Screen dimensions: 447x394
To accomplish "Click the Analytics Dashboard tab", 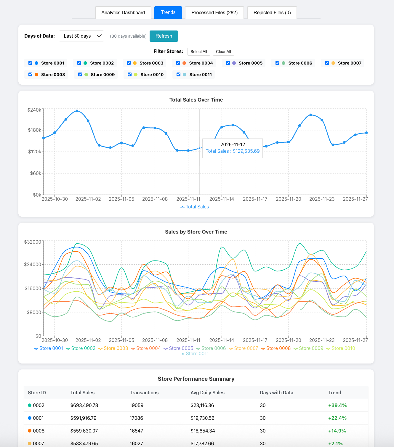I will click(x=123, y=12).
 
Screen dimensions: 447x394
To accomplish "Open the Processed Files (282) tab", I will click(x=214, y=12).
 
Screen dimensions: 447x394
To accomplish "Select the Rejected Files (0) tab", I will click(x=272, y=12).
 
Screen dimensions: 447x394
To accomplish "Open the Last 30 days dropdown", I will click(x=81, y=36).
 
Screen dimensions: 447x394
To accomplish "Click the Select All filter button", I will click(x=199, y=52).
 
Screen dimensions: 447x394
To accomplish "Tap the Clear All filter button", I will click(x=223, y=52).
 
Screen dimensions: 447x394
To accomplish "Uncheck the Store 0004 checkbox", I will click(x=178, y=63).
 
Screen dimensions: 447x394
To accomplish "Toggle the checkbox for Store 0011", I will click(x=178, y=75).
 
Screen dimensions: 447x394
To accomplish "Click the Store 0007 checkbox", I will click(x=327, y=63).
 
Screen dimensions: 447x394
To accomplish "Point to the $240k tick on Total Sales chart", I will click(x=34, y=110).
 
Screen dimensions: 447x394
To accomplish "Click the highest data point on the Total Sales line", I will click(x=77, y=111).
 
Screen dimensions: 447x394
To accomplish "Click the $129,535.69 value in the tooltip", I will click(x=246, y=151).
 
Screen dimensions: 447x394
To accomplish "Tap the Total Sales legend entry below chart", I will click(x=195, y=207).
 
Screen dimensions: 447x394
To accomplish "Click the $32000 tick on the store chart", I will click(x=33, y=242).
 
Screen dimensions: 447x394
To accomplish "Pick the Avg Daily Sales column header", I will click(x=207, y=393).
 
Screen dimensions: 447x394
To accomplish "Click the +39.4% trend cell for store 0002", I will click(x=337, y=405).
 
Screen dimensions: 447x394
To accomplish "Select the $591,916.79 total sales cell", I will click(x=83, y=418).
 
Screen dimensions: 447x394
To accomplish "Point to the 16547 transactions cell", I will click(x=136, y=431).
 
